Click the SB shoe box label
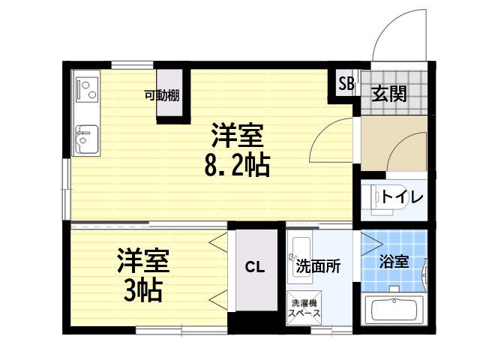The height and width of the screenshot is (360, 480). pyautogui.click(x=346, y=83)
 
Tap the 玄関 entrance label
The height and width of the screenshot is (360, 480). pyautogui.click(x=389, y=94)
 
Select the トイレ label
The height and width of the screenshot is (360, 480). pyautogui.click(x=402, y=197)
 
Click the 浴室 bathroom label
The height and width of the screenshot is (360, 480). pyautogui.click(x=394, y=262)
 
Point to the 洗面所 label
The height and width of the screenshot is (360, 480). pyautogui.click(x=318, y=266)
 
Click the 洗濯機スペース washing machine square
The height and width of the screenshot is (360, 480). pyautogui.click(x=304, y=308)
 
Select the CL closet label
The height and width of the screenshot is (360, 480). pyautogui.click(x=255, y=268)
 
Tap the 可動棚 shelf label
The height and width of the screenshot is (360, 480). pyautogui.click(x=162, y=96)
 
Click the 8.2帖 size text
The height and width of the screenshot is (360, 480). pyautogui.click(x=237, y=165)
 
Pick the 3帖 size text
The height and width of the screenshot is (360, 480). pyautogui.click(x=142, y=290)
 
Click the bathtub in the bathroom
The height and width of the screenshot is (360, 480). pyautogui.click(x=394, y=310)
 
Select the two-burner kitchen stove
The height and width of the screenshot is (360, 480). pyautogui.click(x=88, y=90)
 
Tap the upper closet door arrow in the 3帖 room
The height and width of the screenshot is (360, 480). pyautogui.click(x=218, y=241)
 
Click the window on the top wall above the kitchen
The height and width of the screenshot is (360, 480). pyautogui.click(x=132, y=65)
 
